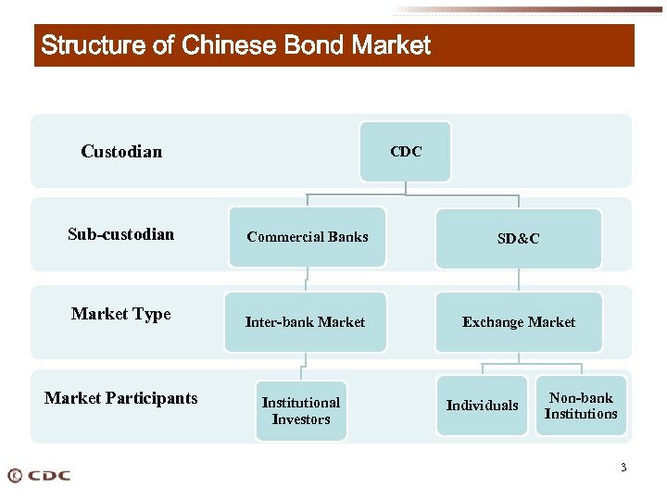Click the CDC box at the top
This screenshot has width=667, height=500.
406,152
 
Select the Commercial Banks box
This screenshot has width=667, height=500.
307,237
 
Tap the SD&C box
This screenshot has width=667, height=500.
518,238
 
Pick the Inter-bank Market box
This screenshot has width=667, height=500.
305,322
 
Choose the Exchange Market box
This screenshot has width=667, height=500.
518,322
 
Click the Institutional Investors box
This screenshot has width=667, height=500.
300,410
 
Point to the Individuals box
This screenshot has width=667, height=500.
482,405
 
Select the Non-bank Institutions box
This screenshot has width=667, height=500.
581,406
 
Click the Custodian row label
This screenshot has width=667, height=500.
121,152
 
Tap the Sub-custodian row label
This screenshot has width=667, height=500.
120,234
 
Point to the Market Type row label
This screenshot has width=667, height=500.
121,314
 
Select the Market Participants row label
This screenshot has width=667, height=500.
121,398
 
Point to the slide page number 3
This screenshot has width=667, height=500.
623,468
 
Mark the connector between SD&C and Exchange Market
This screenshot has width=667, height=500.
519,281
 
